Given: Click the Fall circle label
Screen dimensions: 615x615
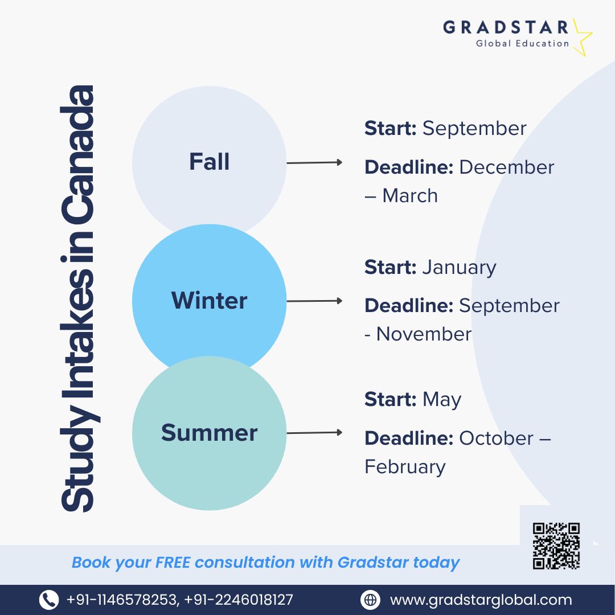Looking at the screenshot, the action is (x=209, y=162).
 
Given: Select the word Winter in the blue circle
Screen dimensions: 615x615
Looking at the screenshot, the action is (x=209, y=301).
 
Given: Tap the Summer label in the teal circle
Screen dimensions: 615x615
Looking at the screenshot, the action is (x=209, y=433).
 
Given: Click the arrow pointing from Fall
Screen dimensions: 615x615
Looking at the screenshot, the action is (x=314, y=162).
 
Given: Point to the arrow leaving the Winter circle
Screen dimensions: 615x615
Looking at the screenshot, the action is (x=314, y=301).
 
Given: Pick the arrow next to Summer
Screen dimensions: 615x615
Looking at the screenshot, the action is (x=314, y=433).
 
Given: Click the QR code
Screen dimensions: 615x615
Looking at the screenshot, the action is (x=556, y=546).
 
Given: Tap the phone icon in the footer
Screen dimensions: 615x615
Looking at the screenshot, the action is (x=49, y=600).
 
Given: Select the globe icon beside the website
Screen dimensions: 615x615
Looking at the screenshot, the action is (x=370, y=600).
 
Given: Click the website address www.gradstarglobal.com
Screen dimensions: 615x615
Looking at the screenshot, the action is (x=481, y=600).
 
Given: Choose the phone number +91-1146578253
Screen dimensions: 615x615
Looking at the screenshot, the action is (x=122, y=600).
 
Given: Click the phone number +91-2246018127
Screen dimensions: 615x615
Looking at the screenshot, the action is (x=239, y=600).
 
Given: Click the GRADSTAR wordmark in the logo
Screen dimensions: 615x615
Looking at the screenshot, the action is (x=506, y=27).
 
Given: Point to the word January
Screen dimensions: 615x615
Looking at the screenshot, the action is (x=460, y=268).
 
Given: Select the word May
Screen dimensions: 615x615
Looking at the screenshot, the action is (x=442, y=400).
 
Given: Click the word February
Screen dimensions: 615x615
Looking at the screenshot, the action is (x=405, y=467).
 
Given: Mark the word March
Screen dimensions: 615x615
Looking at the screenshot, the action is (x=410, y=195).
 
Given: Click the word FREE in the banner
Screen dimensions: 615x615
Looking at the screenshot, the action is (x=173, y=562).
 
